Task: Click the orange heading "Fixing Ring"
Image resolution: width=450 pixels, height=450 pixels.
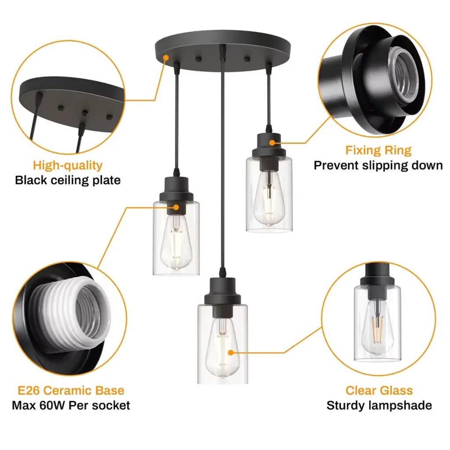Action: pyautogui.click(x=378, y=150)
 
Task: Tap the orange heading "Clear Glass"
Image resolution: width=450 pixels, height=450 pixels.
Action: pyautogui.click(x=379, y=390)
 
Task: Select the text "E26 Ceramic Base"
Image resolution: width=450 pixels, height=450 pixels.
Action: pyautogui.click(x=71, y=390)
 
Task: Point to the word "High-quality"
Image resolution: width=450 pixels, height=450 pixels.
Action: pyautogui.click(x=68, y=166)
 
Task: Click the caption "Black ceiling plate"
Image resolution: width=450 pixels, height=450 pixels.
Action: pyautogui.click(x=68, y=180)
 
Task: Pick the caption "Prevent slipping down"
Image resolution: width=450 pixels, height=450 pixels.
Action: pyautogui.click(x=378, y=166)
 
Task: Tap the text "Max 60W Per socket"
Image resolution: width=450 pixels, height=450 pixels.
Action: pyautogui.click(x=71, y=406)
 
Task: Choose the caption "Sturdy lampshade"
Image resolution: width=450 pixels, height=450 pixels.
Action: pyautogui.click(x=379, y=406)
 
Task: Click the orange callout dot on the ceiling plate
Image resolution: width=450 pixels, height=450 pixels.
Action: pyautogui.click(x=166, y=58)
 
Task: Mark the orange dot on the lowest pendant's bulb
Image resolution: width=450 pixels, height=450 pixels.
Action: pyautogui.click(x=231, y=352)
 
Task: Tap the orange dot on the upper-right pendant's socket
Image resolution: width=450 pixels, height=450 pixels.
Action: pyautogui.click(x=272, y=142)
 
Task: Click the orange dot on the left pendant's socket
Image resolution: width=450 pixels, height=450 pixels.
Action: pyautogui.click(x=176, y=207)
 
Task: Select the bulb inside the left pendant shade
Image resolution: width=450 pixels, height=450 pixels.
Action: pyautogui.click(x=176, y=243)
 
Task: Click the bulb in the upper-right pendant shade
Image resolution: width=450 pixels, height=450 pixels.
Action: pyautogui.click(x=269, y=198)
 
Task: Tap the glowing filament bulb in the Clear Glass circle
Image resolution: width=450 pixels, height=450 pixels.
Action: pyautogui.click(x=377, y=327)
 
